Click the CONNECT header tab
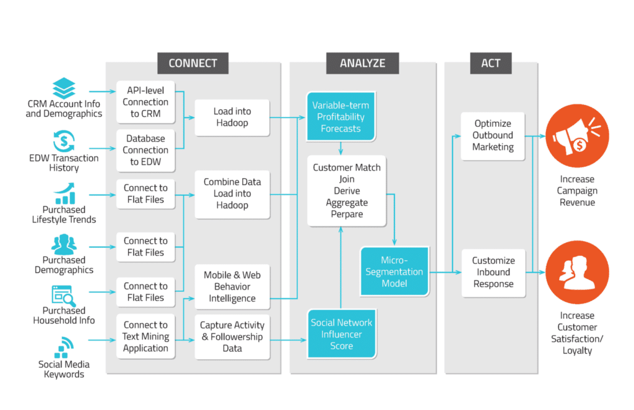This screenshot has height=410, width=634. click(x=193, y=63)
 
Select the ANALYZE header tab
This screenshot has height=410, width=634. click(x=362, y=63)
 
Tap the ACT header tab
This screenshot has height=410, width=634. click(x=491, y=63)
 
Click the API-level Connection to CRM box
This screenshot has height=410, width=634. click(x=145, y=102)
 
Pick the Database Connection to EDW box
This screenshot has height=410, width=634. click(x=145, y=150)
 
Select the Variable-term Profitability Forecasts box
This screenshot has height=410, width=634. click(x=341, y=117)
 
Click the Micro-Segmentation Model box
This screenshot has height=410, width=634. click(x=394, y=271)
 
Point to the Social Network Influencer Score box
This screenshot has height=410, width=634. click(x=341, y=335)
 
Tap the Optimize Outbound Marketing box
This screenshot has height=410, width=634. click(x=493, y=135)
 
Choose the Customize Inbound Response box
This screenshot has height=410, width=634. click(x=493, y=273)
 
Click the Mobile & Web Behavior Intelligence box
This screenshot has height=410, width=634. click(x=232, y=287)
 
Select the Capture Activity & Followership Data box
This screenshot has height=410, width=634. click(x=232, y=337)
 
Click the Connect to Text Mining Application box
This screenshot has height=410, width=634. click(x=145, y=336)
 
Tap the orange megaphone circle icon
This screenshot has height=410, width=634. click(x=577, y=136)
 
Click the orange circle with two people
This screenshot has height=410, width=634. click(x=577, y=272)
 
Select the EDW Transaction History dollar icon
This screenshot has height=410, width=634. click(x=64, y=141)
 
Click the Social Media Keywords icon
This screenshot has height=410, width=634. click(x=64, y=348)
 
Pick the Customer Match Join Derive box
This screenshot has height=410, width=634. click(x=347, y=190)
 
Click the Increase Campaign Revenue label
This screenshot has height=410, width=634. click(x=577, y=190)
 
